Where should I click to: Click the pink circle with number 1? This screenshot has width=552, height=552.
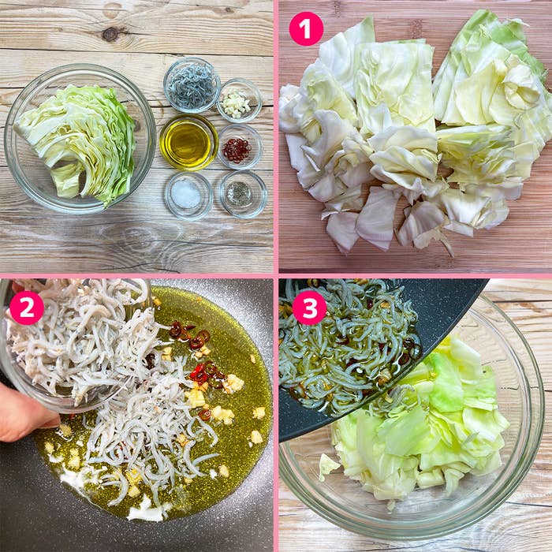(306, 29)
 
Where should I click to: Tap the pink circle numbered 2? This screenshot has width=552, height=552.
(27, 308)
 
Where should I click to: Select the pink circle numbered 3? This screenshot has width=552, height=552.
(310, 308)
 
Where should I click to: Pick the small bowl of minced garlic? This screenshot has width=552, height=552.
(239, 101)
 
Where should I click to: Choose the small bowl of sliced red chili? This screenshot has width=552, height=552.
(240, 146)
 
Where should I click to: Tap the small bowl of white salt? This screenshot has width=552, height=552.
(188, 196)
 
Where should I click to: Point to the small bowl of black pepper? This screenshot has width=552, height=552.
(243, 194)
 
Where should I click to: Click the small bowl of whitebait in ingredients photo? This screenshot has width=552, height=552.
(192, 85)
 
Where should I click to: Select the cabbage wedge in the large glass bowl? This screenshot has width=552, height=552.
(77, 141)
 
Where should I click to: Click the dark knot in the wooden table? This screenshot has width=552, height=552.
(110, 34)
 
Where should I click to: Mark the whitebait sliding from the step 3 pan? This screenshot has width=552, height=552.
(349, 349)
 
